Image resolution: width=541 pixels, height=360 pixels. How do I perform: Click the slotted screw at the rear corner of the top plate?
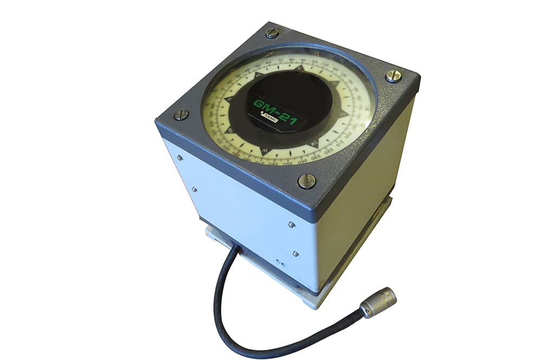(272, 33)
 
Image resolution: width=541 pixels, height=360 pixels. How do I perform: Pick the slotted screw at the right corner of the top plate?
(393, 76)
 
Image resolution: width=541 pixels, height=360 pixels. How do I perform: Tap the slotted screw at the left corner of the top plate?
(181, 115)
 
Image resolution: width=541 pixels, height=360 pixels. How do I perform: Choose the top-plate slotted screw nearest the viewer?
(307, 181)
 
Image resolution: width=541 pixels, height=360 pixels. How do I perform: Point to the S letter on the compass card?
(342, 115)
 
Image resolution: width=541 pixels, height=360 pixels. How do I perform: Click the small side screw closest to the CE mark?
(295, 253)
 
